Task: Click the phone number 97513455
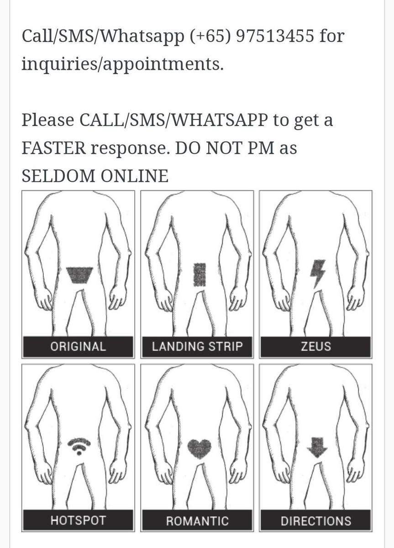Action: [x=275, y=36]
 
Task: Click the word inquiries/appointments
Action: [x=122, y=64]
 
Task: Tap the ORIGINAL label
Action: [x=78, y=346]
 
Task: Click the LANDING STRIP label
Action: [x=197, y=346]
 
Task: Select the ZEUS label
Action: [x=315, y=346]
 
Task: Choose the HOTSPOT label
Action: [x=78, y=520]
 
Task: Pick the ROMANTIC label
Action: [x=197, y=521]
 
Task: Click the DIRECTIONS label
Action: [x=315, y=521]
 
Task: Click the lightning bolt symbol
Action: [x=317, y=273]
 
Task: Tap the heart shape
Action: [x=200, y=448]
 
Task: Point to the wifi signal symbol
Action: [x=79, y=446]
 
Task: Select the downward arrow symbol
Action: [x=317, y=447]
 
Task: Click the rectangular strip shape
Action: [x=199, y=274]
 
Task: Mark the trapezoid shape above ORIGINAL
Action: [x=79, y=274]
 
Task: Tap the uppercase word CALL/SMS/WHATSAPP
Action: [x=173, y=120]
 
